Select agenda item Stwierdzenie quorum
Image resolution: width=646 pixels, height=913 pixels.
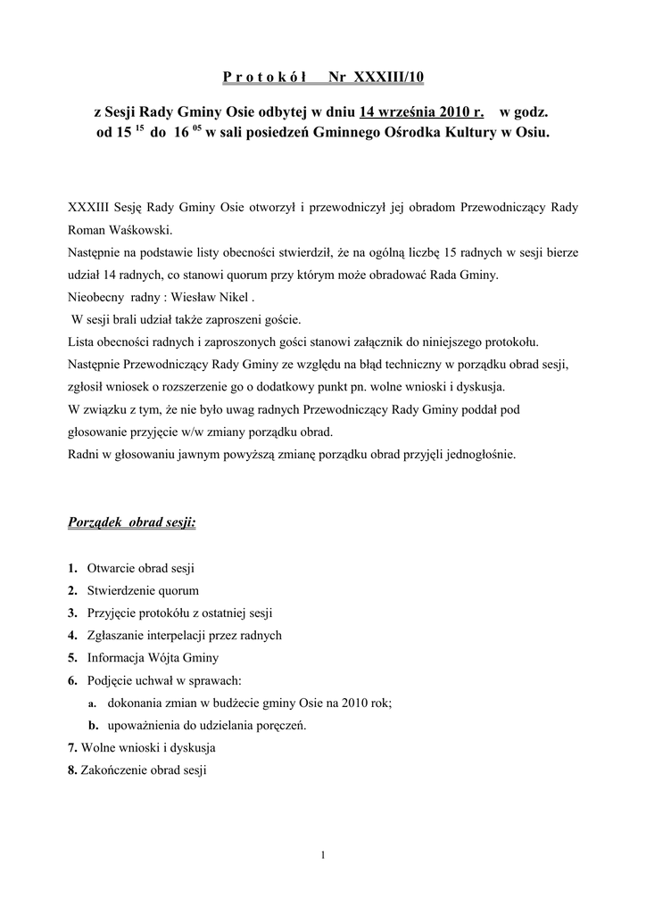tap(143, 590)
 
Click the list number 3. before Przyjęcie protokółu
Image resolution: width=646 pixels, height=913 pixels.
tap(72, 613)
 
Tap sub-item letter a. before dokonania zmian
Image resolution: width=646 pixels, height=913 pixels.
tap(93, 703)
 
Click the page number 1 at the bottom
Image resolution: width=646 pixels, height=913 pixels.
tap(323, 856)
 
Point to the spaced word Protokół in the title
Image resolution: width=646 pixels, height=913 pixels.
tap(265, 78)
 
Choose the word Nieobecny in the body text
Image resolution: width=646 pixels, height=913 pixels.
tap(98, 297)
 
